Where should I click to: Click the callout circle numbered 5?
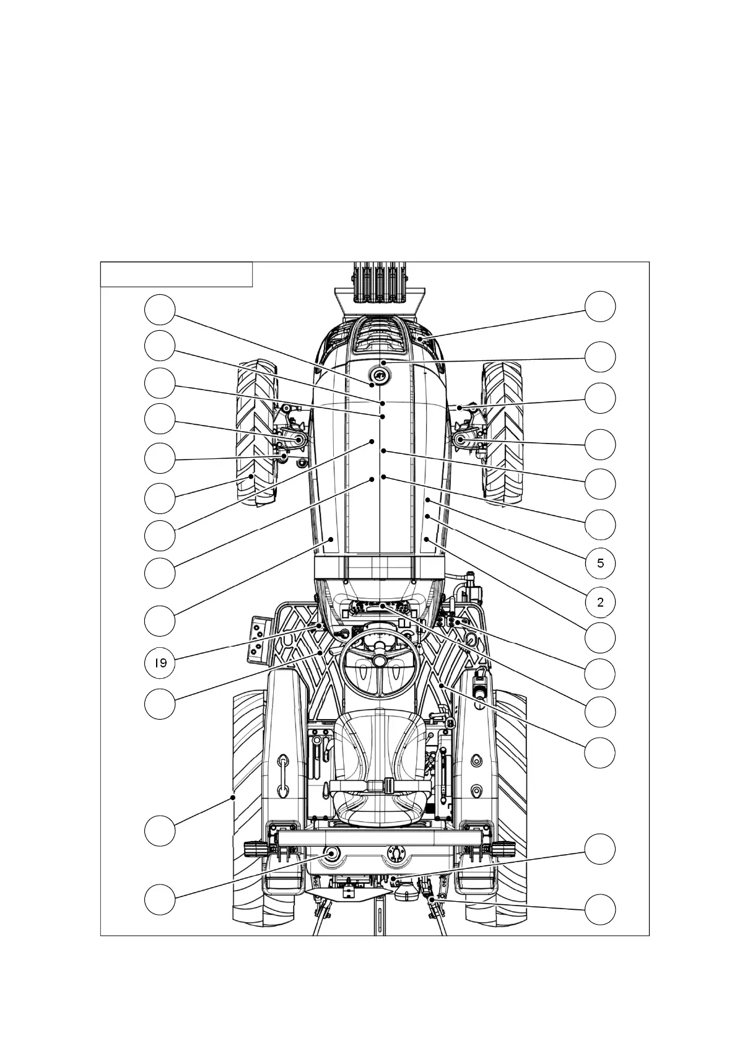pos(600,563)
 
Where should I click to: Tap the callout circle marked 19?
pos(160,663)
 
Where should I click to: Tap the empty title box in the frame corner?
pos(177,274)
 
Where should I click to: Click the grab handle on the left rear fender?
pos(282,775)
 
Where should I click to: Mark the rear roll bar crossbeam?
pos(379,838)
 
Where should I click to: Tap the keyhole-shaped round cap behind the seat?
pos(394,853)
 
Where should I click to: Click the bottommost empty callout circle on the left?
pos(160,899)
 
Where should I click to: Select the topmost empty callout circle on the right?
pos(600,307)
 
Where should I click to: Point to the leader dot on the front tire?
pos(251,476)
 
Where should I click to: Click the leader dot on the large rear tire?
pos(233,797)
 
